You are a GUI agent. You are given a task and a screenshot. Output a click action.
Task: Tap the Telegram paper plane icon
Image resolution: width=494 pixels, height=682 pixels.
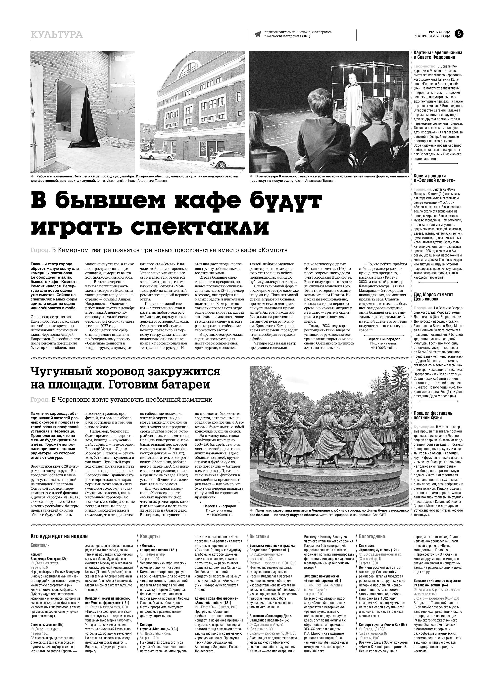pos(258,34)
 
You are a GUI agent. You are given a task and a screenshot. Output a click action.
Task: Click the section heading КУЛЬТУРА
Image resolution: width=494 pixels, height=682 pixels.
pos(57,35)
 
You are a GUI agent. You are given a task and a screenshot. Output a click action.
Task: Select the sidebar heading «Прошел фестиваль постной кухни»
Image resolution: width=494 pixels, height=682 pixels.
pos(433,415)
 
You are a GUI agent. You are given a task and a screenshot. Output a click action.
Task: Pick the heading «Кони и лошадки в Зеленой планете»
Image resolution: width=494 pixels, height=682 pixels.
pos(434,178)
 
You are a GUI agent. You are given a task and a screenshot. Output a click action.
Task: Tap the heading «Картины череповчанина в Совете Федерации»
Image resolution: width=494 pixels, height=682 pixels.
pos(438,55)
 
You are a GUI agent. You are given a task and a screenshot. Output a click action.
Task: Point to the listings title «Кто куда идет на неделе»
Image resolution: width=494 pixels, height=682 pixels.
pos(59,536)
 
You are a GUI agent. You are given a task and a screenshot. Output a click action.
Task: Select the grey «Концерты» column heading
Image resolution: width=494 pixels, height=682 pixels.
pos(150,536)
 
